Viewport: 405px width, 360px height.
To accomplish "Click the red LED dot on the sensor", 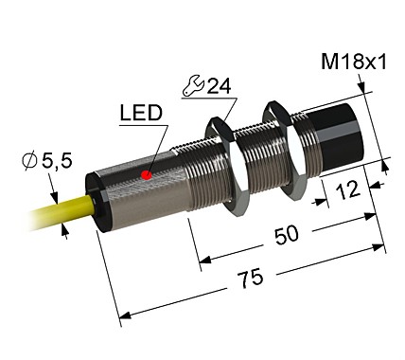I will pos(146,175).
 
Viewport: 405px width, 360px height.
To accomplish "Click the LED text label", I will pos(140,115).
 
